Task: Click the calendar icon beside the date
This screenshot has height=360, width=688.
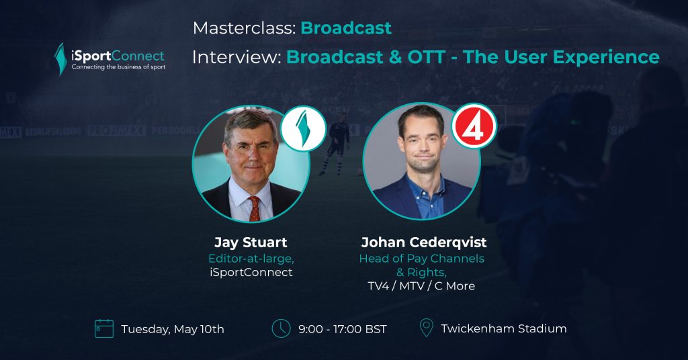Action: pyautogui.click(x=104, y=328)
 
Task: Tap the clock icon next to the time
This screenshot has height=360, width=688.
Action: pyautogui.click(x=281, y=328)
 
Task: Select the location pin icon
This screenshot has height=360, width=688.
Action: pyautogui.click(x=426, y=328)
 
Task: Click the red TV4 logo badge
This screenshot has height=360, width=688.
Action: pyautogui.click(x=474, y=126)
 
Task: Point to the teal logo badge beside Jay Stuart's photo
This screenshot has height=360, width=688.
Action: pyautogui.click(x=303, y=128)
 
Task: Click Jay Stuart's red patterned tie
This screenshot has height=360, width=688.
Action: pyautogui.click(x=255, y=209)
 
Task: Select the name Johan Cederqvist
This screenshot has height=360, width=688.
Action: pyautogui.click(x=424, y=242)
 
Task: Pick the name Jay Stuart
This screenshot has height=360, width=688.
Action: pyautogui.click(x=251, y=242)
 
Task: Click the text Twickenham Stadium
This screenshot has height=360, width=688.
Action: pyautogui.click(x=504, y=328)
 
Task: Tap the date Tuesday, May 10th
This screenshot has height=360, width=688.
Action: pyautogui.click(x=173, y=329)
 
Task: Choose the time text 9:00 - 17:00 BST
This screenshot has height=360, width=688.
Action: pyautogui.click(x=343, y=329)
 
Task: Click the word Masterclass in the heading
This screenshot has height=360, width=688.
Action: pyautogui.click(x=245, y=28)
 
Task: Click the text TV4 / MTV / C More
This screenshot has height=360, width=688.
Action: pyautogui.click(x=421, y=286)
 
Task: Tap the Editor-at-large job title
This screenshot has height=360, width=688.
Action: pyautogui.click(x=251, y=259)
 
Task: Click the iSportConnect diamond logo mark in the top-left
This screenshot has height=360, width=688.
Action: pyautogui.click(x=60, y=58)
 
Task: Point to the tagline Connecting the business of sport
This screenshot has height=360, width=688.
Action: pyautogui.click(x=118, y=67)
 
